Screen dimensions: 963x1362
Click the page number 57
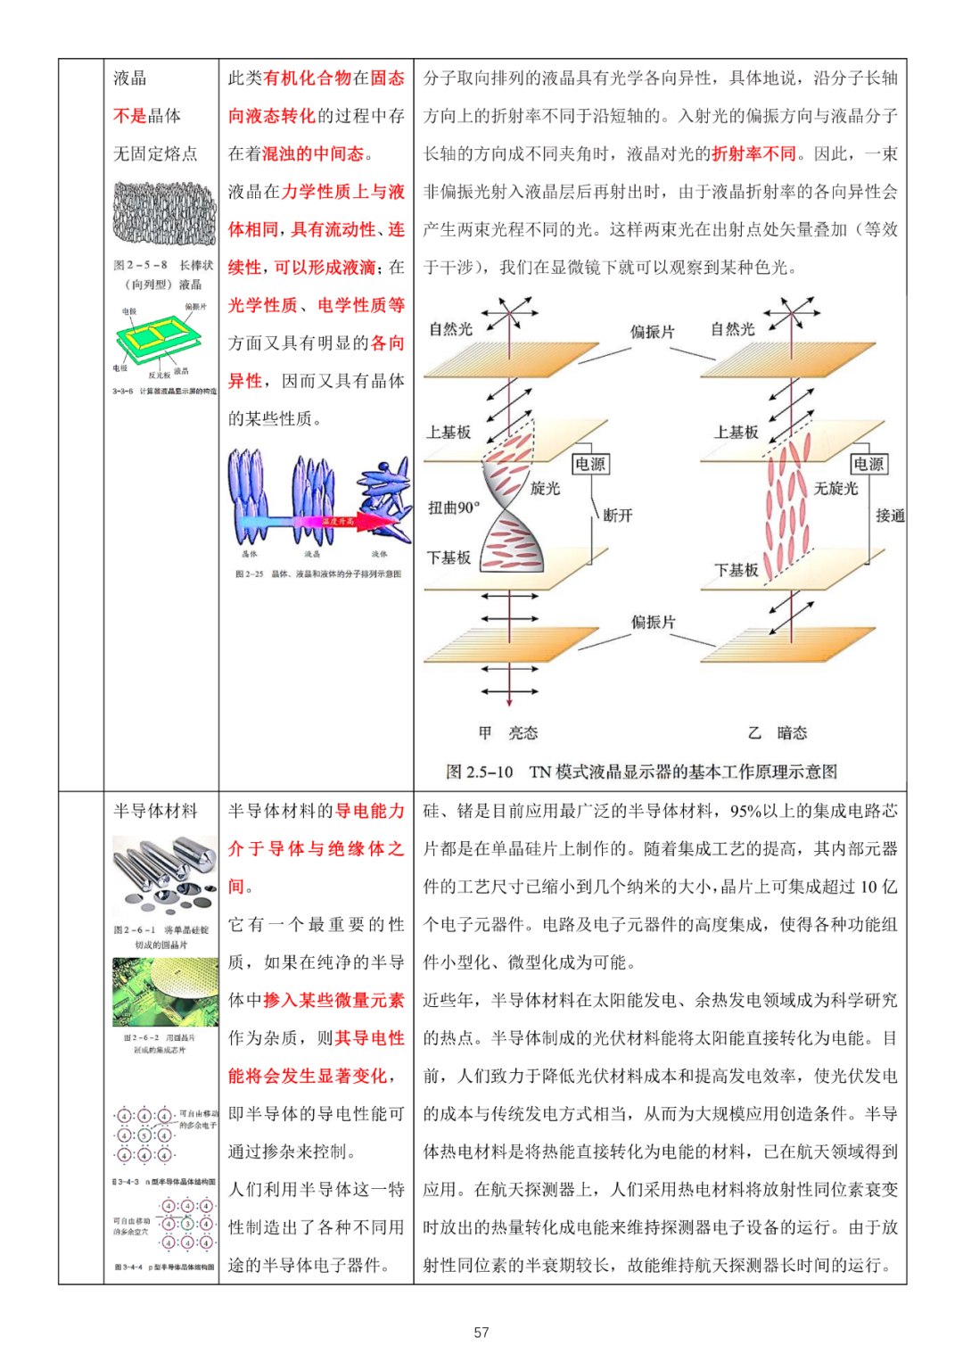point(481,1332)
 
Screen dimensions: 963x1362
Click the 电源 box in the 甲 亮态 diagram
point(590,464)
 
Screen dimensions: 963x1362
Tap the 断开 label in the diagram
point(618,516)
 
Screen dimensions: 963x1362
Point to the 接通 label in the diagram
point(890,516)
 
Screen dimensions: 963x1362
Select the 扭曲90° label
point(453,508)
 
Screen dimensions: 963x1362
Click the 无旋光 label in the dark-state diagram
point(835,488)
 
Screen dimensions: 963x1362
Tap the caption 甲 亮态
point(507,733)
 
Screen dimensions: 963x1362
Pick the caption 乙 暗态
point(778,733)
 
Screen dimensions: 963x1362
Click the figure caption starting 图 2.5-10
point(641,772)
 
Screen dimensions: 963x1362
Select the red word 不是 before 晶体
point(130,116)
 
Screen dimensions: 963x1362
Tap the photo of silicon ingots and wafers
point(165,874)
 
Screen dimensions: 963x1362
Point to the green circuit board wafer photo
point(165,992)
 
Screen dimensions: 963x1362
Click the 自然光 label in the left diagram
point(451,329)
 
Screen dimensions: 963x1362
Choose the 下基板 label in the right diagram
point(736,570)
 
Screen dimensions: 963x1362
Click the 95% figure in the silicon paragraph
point(745,811)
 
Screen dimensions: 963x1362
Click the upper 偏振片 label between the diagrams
point(653,332)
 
